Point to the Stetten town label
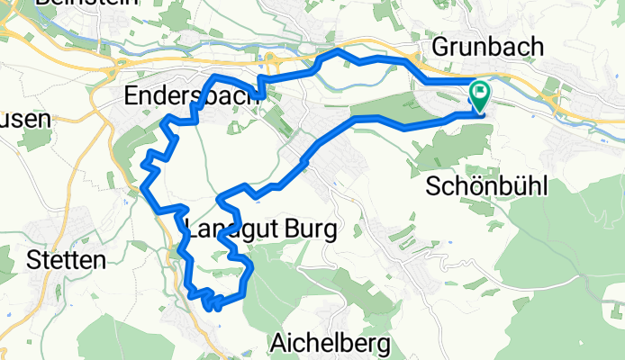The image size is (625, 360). coord(67,261)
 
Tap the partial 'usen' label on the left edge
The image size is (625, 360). coord(20,119)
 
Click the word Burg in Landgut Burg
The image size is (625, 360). coord(300,230)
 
